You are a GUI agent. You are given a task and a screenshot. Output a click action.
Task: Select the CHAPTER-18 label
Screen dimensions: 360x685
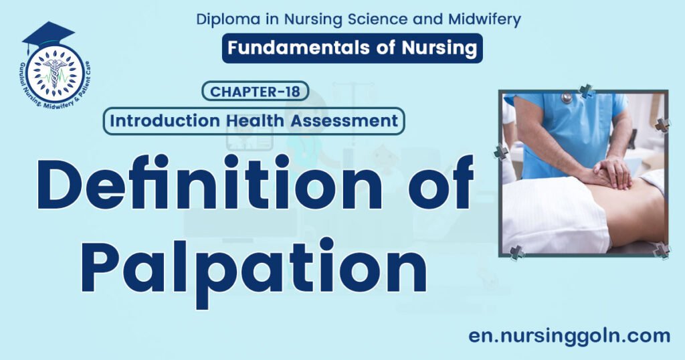pyautogui.click(x=256, y=91)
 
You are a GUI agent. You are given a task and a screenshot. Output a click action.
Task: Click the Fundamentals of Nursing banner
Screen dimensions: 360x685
pyautogui.click(x=352, y=48)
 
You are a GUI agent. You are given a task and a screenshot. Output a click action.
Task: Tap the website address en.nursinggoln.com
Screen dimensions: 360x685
pyautogui.click(x=569, y=335)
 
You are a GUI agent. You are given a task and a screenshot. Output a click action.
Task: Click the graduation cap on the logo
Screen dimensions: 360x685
pyautogui.click(x=47, y=35)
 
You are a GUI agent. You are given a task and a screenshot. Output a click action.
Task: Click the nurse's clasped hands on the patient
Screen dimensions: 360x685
pyautogui.click(x=611, y=171)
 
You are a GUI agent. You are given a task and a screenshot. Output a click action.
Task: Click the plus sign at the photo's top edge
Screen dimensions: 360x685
pyautogui.click(x=587, y=92)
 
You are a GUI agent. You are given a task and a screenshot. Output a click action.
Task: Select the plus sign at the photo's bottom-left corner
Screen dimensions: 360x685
pyautogui.click(x=516, y=253)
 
